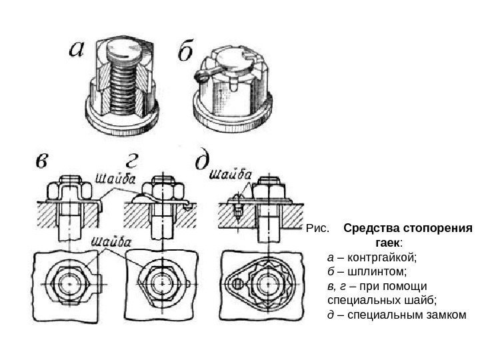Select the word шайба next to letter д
(231, 175)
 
